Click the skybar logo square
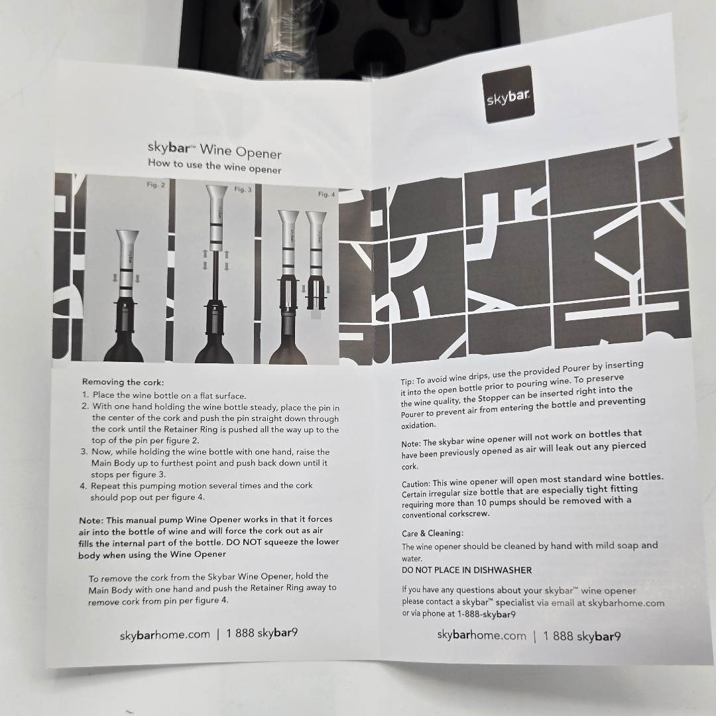click(508, 94)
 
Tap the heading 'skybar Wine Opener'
click(215, 150)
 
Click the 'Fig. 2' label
click(156, 185)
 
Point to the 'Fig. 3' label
click(243, 189)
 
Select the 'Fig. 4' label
click(326, 194)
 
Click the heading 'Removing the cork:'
click(123, 382)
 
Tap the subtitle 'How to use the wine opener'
click(215, 166)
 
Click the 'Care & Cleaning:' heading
click(432, 533)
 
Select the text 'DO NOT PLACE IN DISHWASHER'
click(467, 570)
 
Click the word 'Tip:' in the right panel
click(407, 381)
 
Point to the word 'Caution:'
click(416, 483)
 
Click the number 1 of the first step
click(85, 394)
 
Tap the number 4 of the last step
click(83, 486)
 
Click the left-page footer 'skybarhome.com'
click(165, 634)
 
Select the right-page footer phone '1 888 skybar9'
click(582, 636)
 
